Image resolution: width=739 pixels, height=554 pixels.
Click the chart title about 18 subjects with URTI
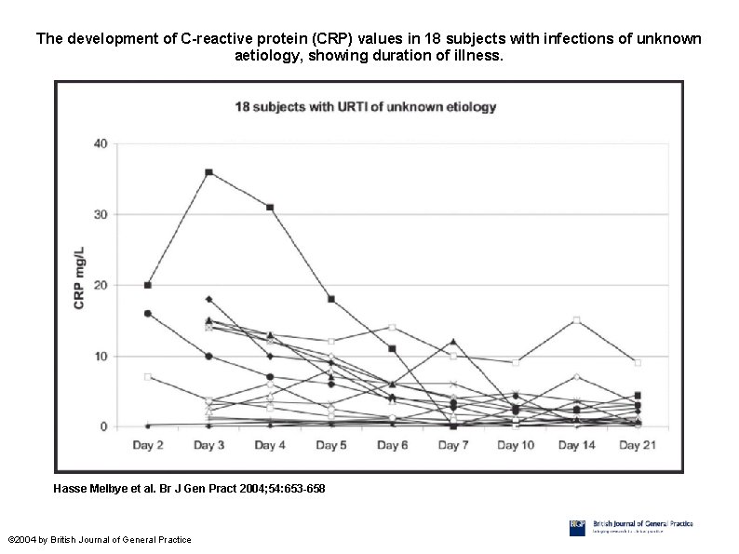(364, 106)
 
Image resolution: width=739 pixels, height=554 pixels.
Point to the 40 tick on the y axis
(100, 143)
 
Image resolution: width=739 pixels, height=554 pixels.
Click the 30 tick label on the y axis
(100, 214)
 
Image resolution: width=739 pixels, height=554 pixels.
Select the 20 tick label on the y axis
(100, 285)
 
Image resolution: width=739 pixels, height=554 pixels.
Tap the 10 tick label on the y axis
(100, 356)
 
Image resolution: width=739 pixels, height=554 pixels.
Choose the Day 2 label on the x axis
(147, 446)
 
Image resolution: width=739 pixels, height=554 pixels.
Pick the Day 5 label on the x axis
(331, 446)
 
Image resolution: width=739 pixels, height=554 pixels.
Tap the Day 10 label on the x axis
(515, 446)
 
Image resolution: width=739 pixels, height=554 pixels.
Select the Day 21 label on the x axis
(638, 446)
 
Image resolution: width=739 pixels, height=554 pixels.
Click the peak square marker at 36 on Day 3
(208, 172)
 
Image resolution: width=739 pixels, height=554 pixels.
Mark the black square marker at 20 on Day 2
(148, 285)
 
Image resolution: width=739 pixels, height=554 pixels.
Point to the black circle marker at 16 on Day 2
(148, 314)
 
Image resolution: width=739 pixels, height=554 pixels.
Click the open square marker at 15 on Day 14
(577, 320)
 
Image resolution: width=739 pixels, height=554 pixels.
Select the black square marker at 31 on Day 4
(270, 208)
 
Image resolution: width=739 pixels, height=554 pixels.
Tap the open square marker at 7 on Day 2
(148, 377)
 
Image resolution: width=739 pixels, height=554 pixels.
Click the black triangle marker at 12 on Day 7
(453, 342)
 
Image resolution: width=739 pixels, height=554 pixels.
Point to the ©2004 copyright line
(99, 540)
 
